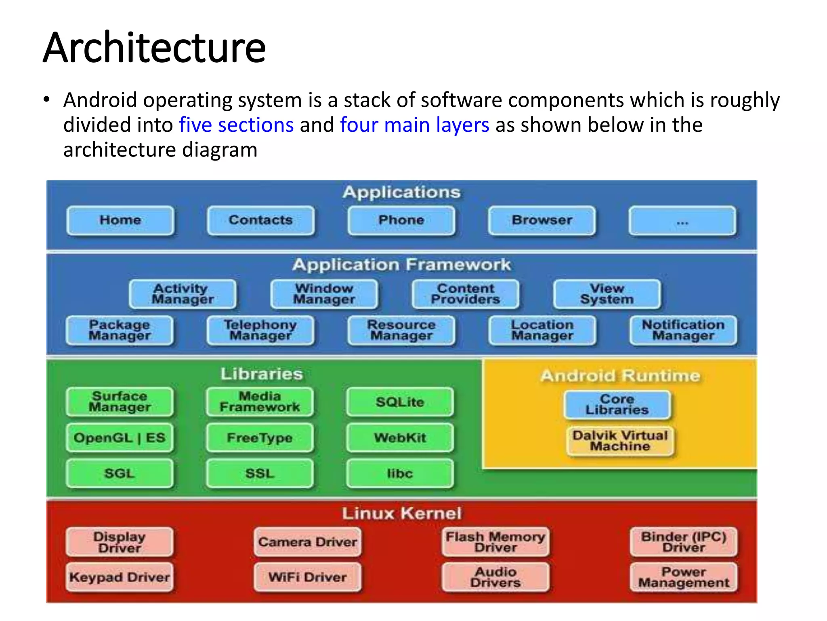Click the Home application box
pyautogui.click(x=120, y=220)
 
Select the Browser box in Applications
pyautogui.click(x=542, y=220)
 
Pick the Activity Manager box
pyautogui.click(x=183, y=294)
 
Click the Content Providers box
pyautogui.click(x=466, y=294)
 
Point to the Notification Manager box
pyautogui.click(x=683, y=330)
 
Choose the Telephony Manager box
pyautogui.click(x=260, y=330)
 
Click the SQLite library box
pyautogui.click(x=400, y=402)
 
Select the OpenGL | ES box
pyautogui.click(x=120, y=438)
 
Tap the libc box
pyautogui.click(x=400, y=473)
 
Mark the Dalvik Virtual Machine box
pyautogui.click(x=620, y=441)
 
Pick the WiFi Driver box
pyautogui.click(x=307, y=577)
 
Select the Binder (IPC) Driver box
pyautogui.click(x=683, y=542)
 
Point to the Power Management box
pyautogui.click(x=683, y=577)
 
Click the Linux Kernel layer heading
pyautogui.click(x=401, y=513)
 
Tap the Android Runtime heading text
pyautogui.click(x=620, y=376)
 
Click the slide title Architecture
pyautogui.click(x=154, y=48)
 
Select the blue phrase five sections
pyautogui.click(x=236, y=125)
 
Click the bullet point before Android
pyautogui.click(x=47, y=99)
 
